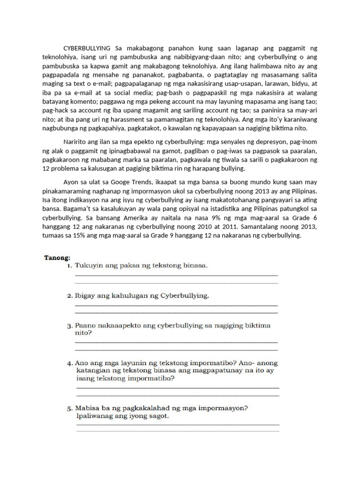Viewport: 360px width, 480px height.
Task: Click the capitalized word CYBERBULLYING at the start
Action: click(87, 48)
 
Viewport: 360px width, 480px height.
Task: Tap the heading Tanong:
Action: click(57, 257)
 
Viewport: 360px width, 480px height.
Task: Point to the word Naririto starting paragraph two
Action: click(76, 142)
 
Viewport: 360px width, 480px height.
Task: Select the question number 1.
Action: click(69, 266)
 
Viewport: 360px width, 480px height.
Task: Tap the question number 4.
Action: click(69, 363)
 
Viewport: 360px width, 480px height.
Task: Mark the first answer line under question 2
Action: click(176, 306)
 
